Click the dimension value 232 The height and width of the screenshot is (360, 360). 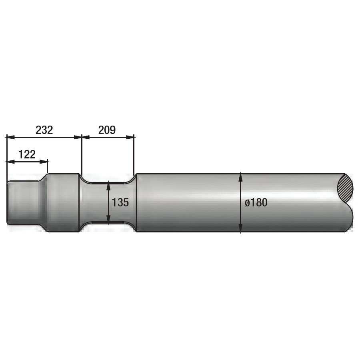point(44,130)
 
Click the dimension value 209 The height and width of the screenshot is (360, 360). point(107,130)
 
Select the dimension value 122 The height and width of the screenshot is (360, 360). point(27,154)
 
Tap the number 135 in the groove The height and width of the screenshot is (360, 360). point(120,202)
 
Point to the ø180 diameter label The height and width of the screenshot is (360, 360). point(256,202)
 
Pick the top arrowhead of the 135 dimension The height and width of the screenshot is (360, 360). point(108,187)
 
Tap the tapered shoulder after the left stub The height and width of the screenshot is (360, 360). point(43,203)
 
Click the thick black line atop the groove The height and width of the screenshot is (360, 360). point(108,183)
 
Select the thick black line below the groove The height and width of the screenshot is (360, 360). point(108,222)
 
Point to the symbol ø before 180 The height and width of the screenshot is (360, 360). point(248,203)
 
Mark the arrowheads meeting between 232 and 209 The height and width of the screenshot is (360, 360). point(82,137)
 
